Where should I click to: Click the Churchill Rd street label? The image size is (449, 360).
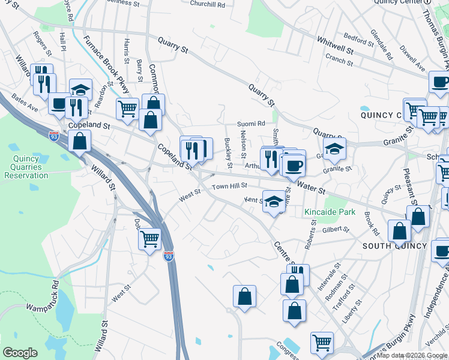[208, 4]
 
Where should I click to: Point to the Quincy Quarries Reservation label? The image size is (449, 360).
[26, 167]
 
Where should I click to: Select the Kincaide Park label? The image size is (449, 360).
[330, 212]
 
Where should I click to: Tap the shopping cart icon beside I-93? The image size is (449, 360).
[149, 238]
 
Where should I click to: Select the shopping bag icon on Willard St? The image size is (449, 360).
[80, 141]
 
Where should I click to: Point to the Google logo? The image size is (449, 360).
[20, 353]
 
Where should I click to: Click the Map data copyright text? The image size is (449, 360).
[411, 355]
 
